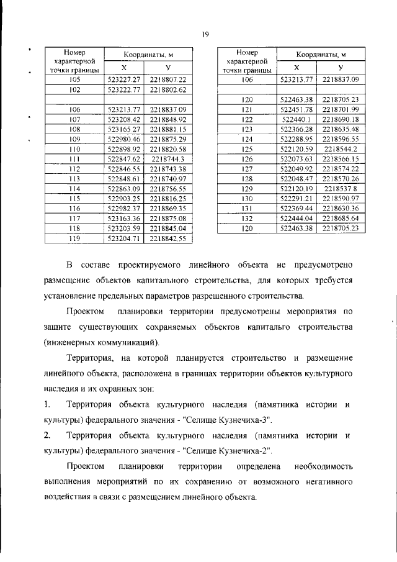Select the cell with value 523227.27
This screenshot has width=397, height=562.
click(x=125, y=80)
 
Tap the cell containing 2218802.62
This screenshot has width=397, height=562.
click(x=168, y=89)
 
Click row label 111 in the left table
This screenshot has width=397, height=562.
click(x=75, y=160)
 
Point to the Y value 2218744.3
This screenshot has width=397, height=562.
click(x=168, y=160)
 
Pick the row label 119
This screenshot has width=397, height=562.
click(x=75, y=237)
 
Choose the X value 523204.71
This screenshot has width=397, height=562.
click(x=125, y=237)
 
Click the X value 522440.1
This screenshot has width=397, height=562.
click(x=297, y=119)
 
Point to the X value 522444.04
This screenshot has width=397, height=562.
click(x=297, y=219)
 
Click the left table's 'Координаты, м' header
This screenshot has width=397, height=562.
click(x=146, y=55)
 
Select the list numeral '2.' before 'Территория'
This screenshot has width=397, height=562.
click(x=48, y=435)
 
